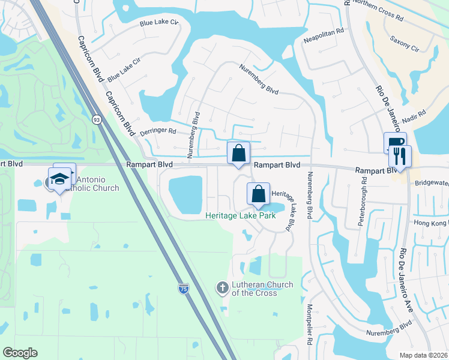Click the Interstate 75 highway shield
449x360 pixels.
183,289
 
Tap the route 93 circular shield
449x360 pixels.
96,119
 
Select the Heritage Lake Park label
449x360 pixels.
240,215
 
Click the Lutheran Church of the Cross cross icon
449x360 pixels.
222,289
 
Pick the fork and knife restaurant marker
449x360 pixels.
400,157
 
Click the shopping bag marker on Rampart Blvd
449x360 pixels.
238,152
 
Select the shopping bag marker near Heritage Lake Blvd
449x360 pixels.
258,194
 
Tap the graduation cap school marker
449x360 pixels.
60,178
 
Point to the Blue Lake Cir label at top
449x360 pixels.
159,23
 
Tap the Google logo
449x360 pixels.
20,353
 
